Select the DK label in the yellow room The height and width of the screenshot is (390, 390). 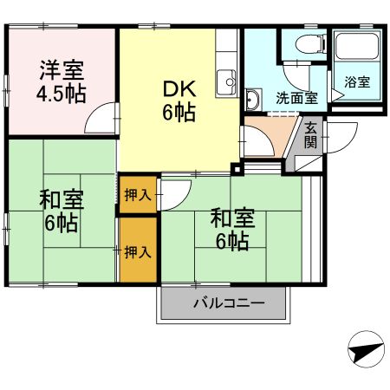(x=179, y=88)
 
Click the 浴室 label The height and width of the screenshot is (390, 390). (x=357, y=82)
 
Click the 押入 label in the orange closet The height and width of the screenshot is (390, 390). (x=137, y=252)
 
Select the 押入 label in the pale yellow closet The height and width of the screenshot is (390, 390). (x=137, y=193)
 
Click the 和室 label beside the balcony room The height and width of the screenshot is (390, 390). (x=231, y=218)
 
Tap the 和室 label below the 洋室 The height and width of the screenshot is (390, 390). (x=62, y=200)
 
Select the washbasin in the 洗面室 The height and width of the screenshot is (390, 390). (x=252, y=101)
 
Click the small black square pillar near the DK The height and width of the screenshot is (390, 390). (x=236, y=169)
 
